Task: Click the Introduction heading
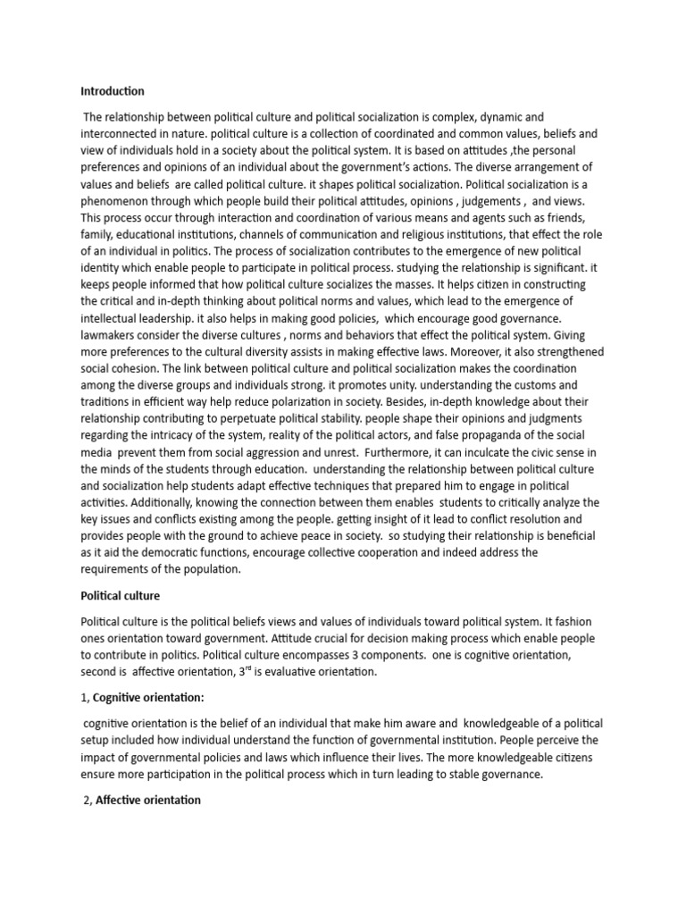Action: coord(112,91)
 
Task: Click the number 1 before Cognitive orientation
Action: coord(83,697)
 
